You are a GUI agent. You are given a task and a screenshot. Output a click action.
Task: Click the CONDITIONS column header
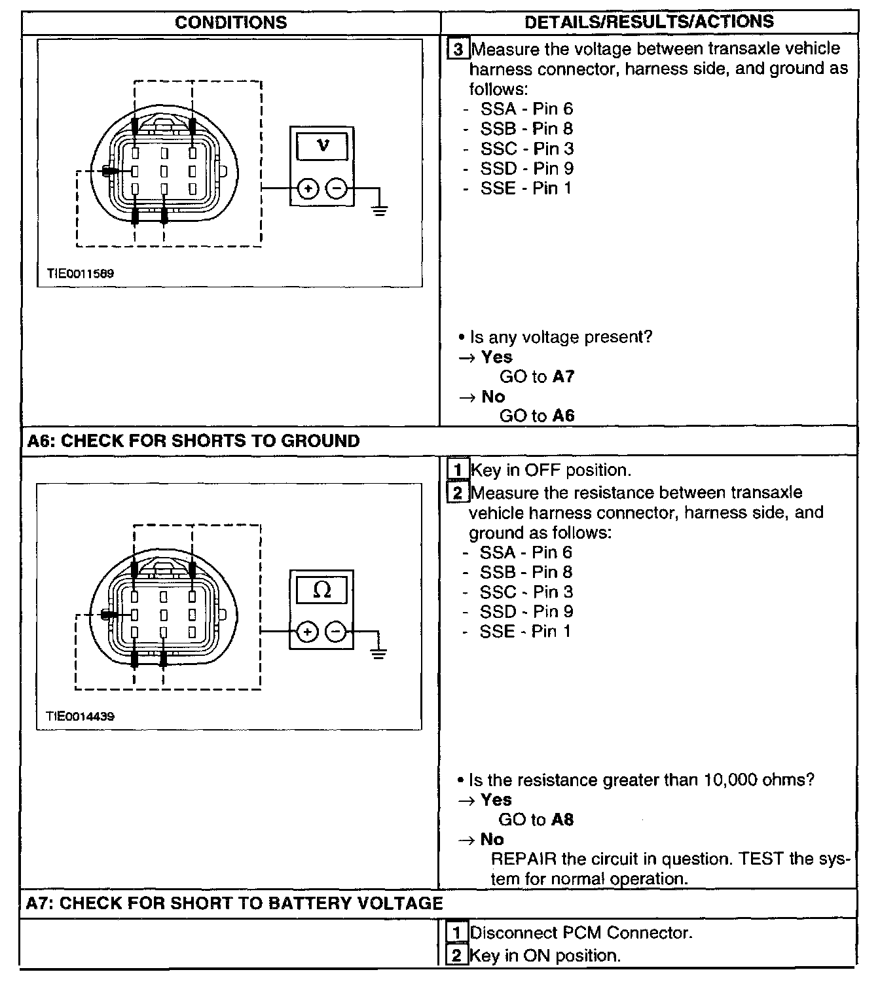pos(230,22)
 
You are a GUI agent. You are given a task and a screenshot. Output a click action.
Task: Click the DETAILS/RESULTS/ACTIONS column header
pos(649,22)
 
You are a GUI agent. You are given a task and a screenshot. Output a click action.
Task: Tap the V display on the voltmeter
pos(322,145)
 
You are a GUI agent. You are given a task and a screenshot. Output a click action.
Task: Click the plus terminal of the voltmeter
pos(308,189)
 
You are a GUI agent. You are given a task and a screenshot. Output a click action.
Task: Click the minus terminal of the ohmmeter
pos(335,632)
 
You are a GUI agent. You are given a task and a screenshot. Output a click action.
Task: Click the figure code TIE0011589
pos(80,273)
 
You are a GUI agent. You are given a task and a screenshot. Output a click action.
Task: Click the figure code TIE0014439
pos(80,716)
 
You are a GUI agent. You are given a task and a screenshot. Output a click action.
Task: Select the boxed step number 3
pos(458,50)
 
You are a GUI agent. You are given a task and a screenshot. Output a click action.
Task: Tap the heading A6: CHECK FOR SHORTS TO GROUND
pos(193,441)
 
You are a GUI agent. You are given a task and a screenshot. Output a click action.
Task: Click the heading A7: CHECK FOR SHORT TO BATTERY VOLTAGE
pos(234,903)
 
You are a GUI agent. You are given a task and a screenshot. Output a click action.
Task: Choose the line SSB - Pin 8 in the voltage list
pos(526,128)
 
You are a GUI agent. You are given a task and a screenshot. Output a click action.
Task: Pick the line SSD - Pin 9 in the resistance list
pos(526,611)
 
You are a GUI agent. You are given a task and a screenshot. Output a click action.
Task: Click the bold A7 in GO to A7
pos(563,376)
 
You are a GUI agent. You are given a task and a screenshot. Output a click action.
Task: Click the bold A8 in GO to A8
pos(562,820)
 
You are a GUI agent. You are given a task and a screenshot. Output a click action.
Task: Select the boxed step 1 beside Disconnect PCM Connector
pos(457,932)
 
